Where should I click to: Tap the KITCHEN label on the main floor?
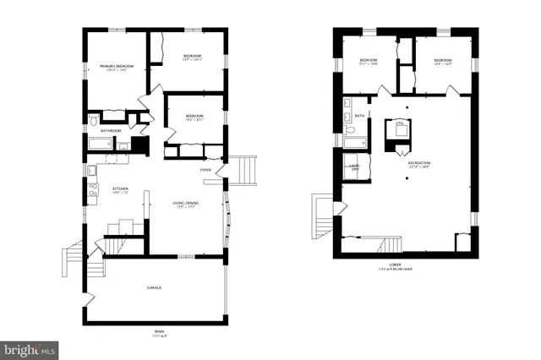(120, 188)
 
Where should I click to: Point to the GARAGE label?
(154, 288)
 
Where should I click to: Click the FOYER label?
(205, 170)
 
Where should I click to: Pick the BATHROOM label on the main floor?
(111, 131)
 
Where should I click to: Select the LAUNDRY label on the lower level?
(355, 168)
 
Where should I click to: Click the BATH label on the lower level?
(359, 116)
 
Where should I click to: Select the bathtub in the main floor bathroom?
(100, 144)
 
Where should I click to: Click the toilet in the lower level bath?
(348, 131)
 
